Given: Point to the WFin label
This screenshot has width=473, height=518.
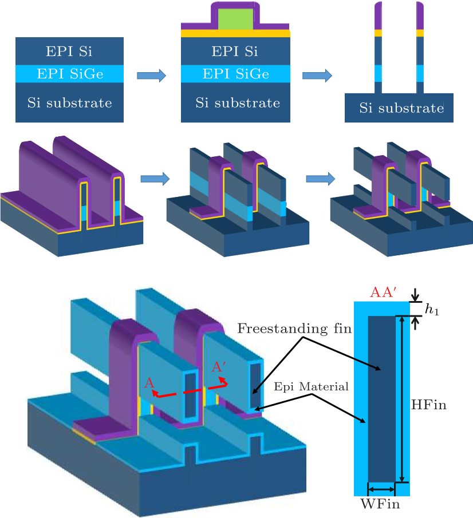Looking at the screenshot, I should tap(380, 504).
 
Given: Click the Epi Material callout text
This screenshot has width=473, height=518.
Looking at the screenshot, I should tap(311, 386).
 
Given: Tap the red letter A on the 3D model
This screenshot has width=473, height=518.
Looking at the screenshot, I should tap(151, 382).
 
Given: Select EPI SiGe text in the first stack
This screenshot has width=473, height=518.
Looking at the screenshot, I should tap(69, 74).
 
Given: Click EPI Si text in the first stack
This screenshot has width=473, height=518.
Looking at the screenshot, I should tap(69, 51).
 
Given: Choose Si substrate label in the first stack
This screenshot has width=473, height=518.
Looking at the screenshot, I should tap(69, 103).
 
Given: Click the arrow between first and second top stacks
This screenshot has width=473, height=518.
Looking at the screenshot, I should tap(152, 75).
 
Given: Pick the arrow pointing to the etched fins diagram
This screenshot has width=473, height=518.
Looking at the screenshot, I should tap(317, 75).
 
